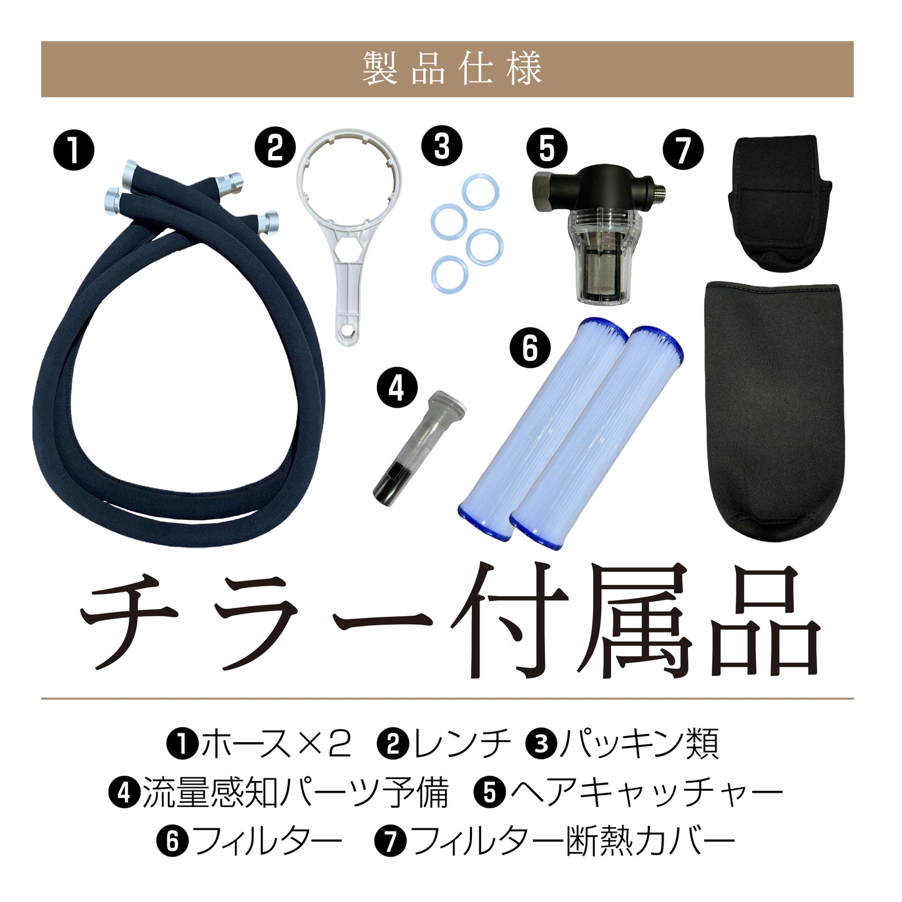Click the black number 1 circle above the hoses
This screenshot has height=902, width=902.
point(74,150)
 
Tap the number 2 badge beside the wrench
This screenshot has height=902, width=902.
point(275,148)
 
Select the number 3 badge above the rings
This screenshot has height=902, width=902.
point(441,146)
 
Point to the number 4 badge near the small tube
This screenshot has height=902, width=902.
point(396,388)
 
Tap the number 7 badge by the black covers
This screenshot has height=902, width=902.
point(683,150)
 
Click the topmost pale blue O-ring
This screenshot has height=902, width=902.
point(481,192)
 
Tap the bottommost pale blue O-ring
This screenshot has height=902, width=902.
point(449,275)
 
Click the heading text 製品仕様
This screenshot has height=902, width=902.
point(452,69)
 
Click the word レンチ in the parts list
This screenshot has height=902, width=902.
point(461,744)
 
